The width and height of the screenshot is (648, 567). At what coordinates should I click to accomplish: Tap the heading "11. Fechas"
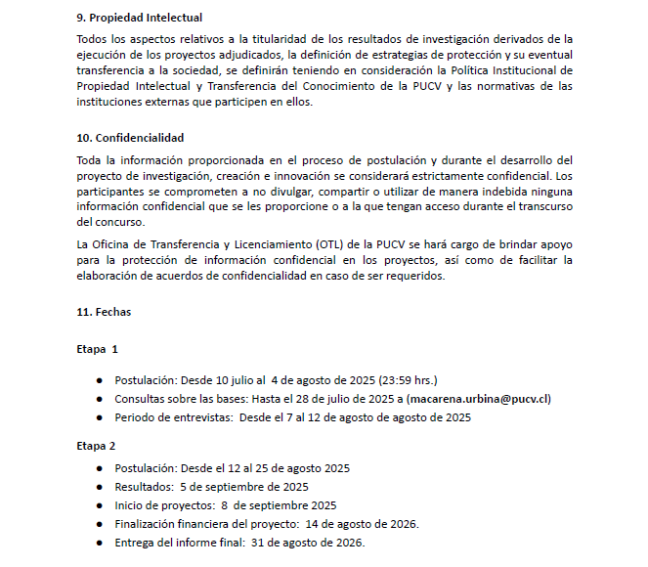click(x=103, y=313)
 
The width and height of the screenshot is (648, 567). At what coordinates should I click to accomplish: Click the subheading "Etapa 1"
click(x=97, y=349)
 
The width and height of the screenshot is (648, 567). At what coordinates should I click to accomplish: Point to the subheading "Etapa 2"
click(x=96, y=445)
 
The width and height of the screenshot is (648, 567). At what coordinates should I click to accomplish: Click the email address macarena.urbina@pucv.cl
click(x=479, y=399)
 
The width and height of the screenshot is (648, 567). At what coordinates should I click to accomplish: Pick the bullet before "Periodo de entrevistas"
click(x=99, y=418)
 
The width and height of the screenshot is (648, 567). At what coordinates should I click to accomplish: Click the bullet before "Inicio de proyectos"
click(x=99, y=505)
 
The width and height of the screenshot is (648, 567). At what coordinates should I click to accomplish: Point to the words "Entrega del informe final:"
click(x=179, y=543)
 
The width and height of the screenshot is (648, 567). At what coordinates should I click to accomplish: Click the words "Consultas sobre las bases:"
click(x=181, y=399)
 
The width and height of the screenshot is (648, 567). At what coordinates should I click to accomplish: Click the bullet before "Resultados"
click(x=99, y=487)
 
